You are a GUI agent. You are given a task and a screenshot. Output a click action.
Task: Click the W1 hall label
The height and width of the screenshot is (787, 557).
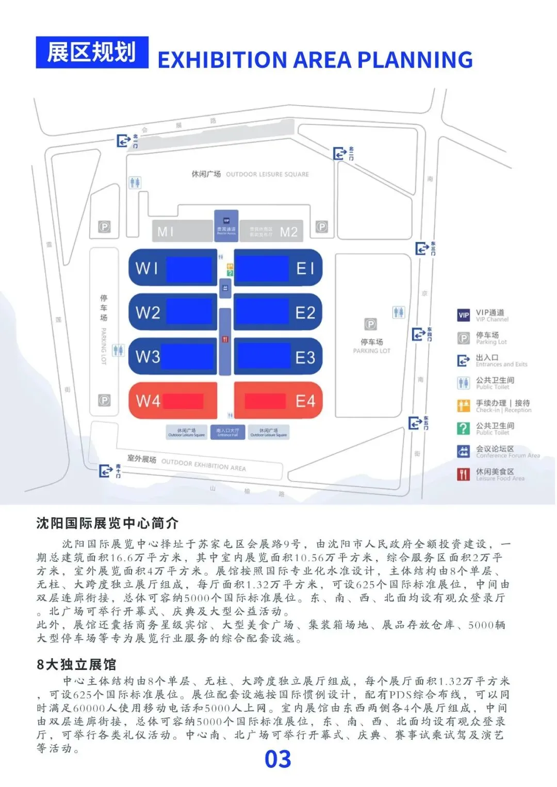click(x=146, y=268)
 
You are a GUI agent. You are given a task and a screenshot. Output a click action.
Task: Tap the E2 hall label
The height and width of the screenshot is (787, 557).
click(x=305, y=313)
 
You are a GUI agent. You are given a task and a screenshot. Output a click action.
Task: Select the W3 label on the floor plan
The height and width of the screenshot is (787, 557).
click(x=148, y=356)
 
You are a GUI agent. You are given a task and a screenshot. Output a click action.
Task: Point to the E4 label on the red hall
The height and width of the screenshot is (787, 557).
click(x=305, y=401)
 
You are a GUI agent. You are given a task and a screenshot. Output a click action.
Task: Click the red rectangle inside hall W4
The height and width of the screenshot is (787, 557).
click(x=183, y=401)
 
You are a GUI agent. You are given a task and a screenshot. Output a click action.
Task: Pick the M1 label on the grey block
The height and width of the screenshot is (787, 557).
click(x=166, y=232)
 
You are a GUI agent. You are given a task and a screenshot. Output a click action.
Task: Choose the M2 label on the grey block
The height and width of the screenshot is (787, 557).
click(x=289, y=232)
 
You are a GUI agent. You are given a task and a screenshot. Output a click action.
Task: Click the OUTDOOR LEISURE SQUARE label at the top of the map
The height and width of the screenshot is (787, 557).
click(x=267, y=174)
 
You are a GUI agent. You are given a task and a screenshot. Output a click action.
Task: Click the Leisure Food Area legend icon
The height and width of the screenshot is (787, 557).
click(x=464, y=474)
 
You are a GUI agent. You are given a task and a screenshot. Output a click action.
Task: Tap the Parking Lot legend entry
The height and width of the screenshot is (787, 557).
click(x=491, y=338)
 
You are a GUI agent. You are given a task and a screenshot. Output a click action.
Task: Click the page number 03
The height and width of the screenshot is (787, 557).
click(x=278, y=759)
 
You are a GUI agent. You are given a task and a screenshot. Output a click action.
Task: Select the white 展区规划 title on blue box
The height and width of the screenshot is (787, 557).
click(x=92, y=53)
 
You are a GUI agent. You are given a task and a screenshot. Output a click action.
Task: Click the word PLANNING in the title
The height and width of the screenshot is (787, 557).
click(x=415, y=60)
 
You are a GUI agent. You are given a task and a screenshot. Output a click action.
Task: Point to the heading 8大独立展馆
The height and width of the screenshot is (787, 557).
click(x=76, y=664)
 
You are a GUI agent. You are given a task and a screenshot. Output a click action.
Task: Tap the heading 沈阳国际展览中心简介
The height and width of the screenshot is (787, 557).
click(x=107, y=523)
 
